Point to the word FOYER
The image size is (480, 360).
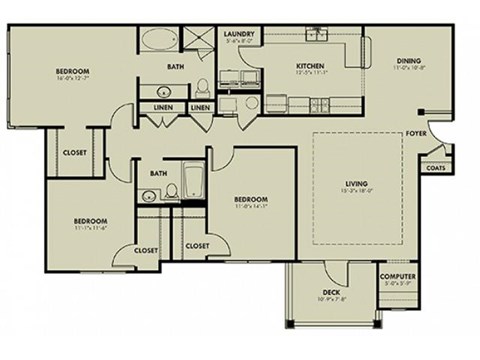(x=416, y=132)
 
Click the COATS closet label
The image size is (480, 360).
(x=436, y=168)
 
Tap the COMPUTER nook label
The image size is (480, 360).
(x=398, y=277)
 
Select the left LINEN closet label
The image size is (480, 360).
(x=163, y=107)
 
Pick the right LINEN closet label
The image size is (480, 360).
(x=200, y=107)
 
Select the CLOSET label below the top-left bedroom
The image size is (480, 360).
(x=75, y=153)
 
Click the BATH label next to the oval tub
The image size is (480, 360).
(x=175, y=67)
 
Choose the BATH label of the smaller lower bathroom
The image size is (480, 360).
(x=158, y=173)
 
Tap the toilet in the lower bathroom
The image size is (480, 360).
(x=172, y=190)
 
